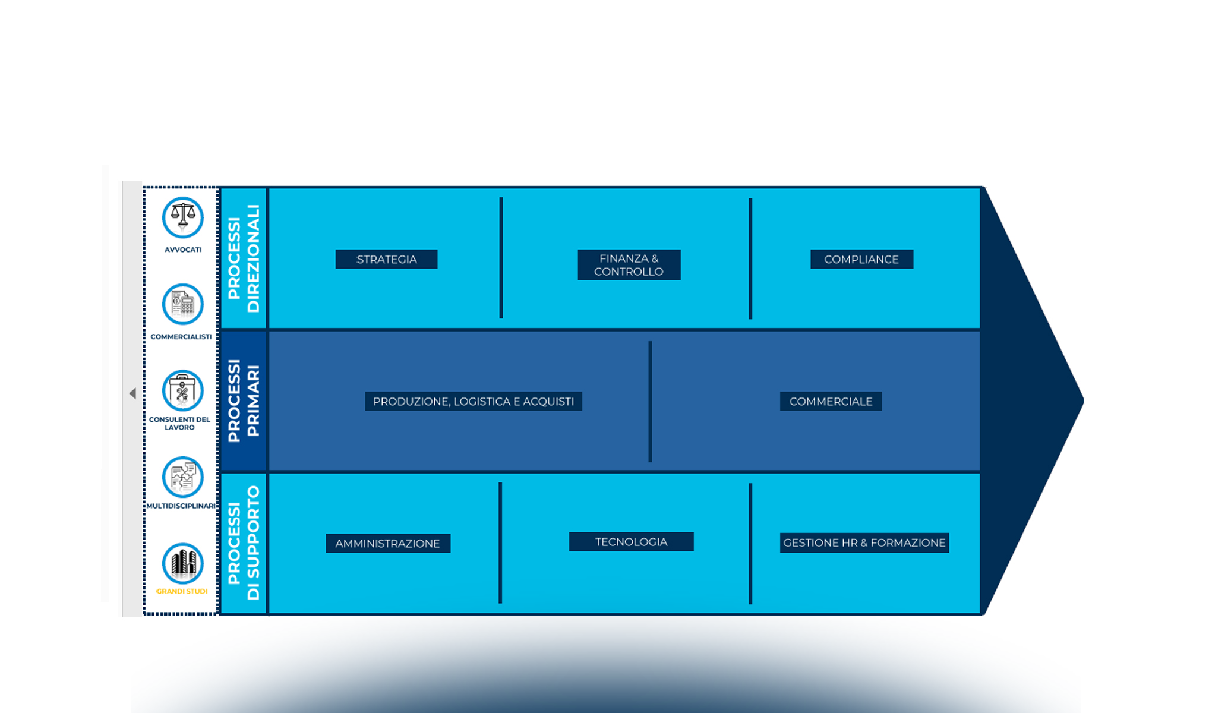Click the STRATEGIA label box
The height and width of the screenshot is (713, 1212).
386,259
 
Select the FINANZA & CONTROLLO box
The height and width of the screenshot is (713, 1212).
629,265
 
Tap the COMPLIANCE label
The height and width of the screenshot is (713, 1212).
861,259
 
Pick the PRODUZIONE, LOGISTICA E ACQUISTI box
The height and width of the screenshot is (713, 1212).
473,401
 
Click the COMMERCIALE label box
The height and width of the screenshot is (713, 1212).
831,401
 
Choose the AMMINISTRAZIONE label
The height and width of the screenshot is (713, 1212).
387,543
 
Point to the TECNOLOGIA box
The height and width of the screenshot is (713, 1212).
631,541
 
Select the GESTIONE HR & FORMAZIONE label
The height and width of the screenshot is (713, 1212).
864,542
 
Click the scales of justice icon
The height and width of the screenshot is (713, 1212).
183,217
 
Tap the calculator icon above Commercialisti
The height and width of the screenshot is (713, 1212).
183,304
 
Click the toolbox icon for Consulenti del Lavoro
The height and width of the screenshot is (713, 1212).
183,390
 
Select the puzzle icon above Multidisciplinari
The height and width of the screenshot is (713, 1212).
183,477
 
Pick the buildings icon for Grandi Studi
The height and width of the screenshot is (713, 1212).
183,563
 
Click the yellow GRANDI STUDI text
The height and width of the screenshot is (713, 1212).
182,591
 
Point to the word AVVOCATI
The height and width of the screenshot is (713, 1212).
183,250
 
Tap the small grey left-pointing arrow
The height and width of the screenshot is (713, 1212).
132,393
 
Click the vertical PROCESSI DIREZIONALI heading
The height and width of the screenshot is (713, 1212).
244,258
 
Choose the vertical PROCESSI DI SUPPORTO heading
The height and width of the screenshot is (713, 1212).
244,543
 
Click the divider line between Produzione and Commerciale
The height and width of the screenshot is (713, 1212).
650,401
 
